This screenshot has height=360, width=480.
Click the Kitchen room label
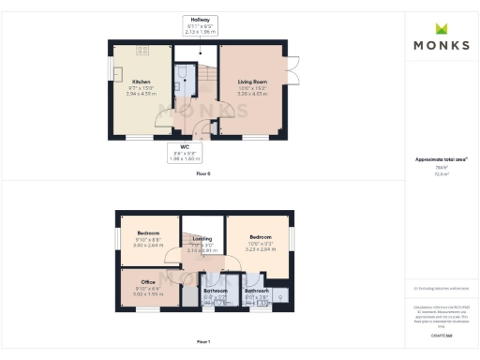142,82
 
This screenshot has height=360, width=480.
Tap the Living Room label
253,82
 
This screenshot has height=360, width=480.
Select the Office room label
148,282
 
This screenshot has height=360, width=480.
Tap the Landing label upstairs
203,239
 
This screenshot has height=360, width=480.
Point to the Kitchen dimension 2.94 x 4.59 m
142,93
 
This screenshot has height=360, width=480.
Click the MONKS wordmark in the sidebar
442,44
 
